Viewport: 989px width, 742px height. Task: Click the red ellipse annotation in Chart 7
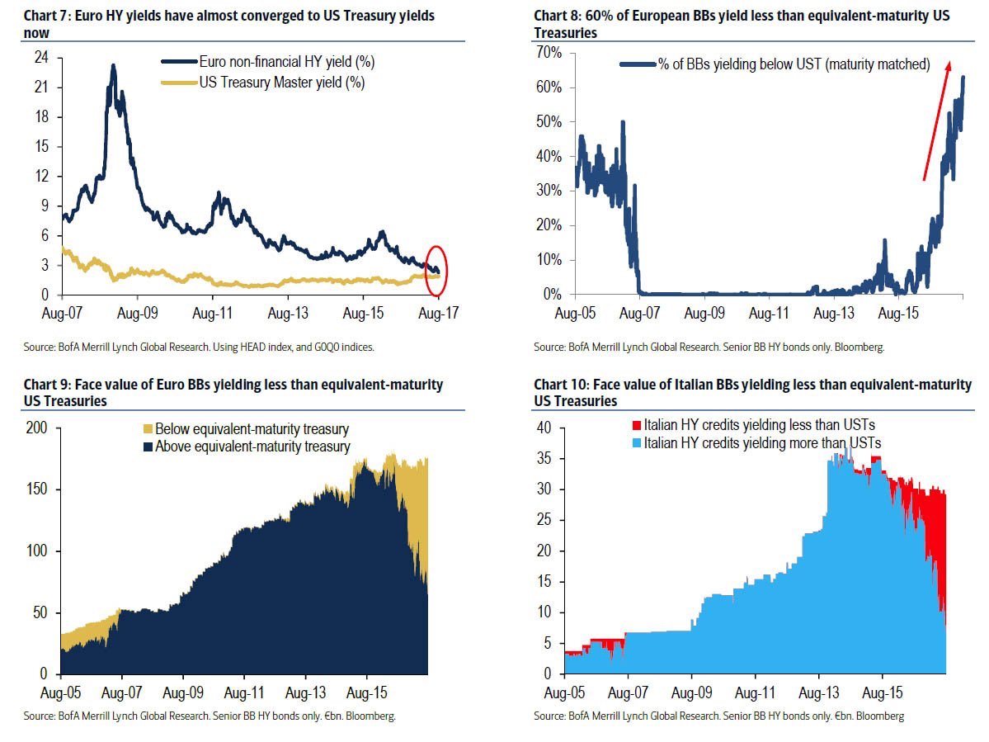pos(437,271)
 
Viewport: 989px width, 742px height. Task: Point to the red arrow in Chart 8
pos(936,120)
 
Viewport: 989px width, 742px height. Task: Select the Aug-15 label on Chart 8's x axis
pos(899,314)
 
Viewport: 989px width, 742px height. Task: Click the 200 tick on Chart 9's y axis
pos(39,428)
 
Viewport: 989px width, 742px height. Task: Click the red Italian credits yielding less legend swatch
pos(635,425)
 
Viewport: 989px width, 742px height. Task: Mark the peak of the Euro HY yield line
pos(113,65)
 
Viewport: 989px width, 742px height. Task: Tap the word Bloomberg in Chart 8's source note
pos(860,347)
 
